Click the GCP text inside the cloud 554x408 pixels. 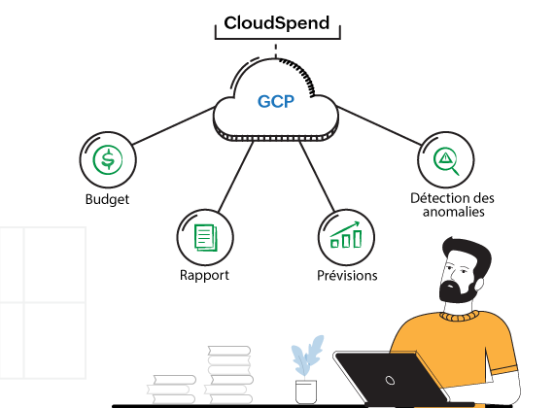(276, 101)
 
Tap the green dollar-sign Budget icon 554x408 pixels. (107, 160)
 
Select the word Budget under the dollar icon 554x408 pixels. (107, 200)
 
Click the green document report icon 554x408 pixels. (204, 236)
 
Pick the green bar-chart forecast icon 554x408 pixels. (346, 236)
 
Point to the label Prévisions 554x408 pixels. (347, 276)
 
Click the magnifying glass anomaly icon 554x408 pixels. (445, 160)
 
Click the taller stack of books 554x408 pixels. (229, 374)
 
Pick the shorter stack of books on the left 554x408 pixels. (172, 389)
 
